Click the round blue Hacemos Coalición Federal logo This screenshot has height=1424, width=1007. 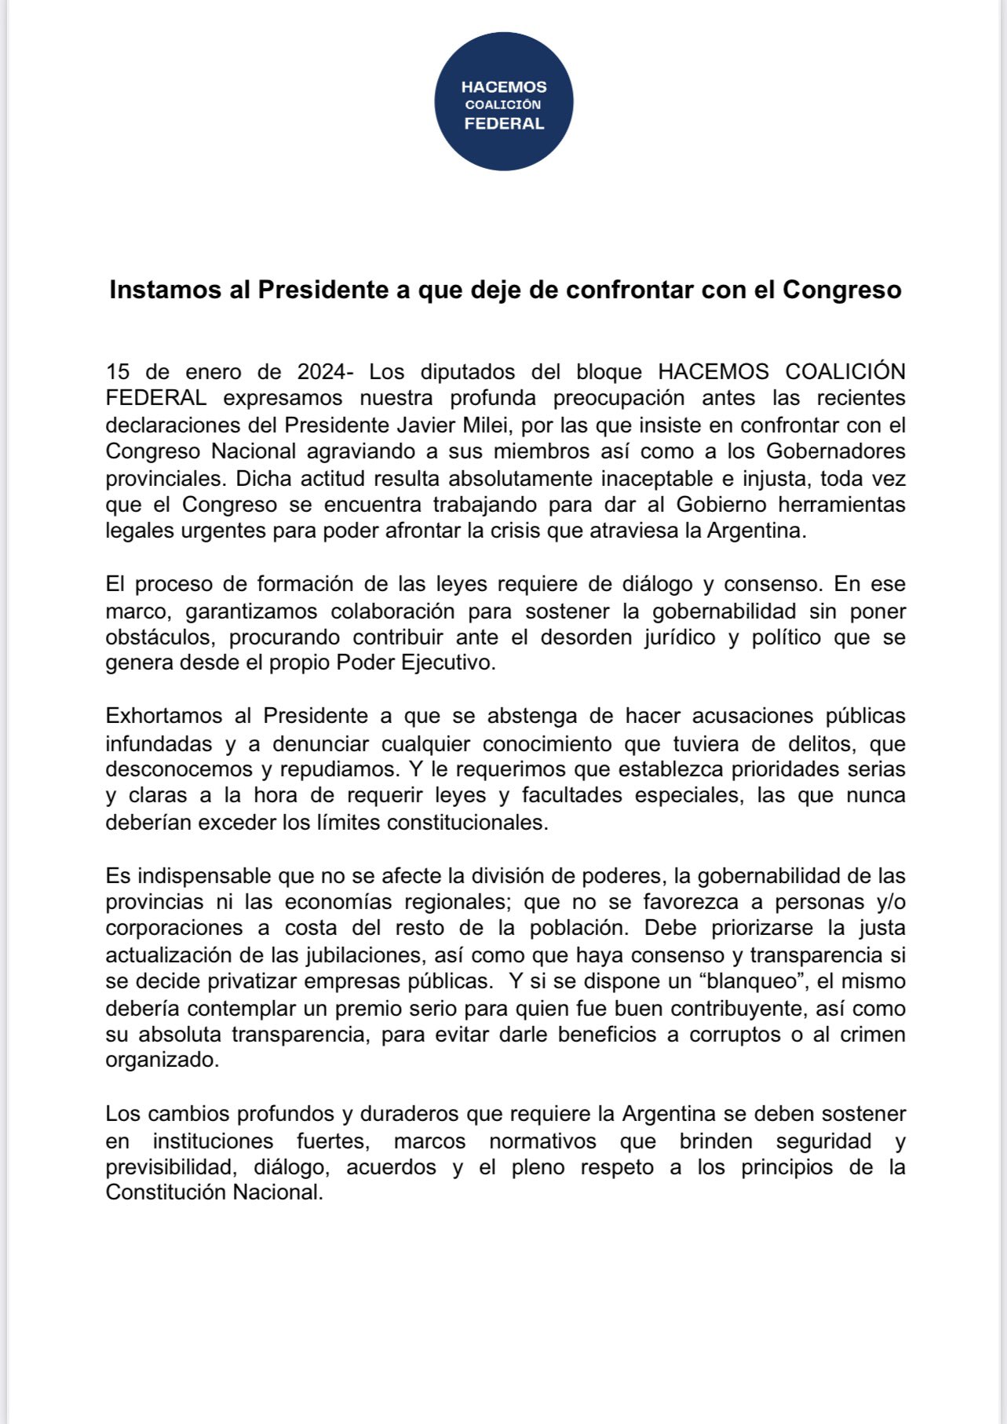tap(504, 102)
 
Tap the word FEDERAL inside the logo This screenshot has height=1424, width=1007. tap(504, 123)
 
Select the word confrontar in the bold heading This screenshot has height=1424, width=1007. tap(626, 290)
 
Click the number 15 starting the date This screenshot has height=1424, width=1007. tap(118, 371)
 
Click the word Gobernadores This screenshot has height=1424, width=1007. tap(835, 451)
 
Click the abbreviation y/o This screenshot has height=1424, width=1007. tap(890, 902)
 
